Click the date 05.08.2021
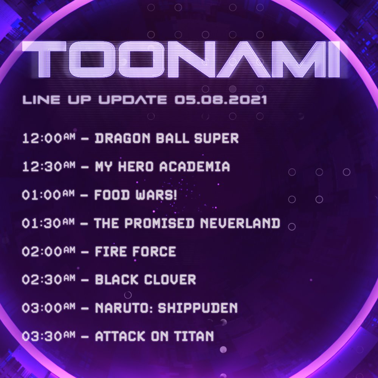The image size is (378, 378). (221, 99)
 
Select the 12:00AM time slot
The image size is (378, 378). (48, 138)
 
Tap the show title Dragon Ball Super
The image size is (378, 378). (167, 138)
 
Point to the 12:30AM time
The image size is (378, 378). (48, 166)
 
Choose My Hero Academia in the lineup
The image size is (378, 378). (162, 166)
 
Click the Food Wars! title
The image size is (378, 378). (135, 195)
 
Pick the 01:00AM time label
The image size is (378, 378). (48, 195)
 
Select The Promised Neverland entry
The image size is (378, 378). (187, 223)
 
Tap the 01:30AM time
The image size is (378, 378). (48, 223)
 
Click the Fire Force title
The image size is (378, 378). (135, 251)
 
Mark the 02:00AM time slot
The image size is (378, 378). (48, 251)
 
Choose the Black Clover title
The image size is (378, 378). (146, 280)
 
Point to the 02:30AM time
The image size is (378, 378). (48, 280)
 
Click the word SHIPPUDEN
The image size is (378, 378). (198, 308)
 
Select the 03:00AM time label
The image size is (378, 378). (48, 308)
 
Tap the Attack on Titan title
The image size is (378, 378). (154, 336)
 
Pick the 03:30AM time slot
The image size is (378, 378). (48, 336)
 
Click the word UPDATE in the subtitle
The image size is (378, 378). (133, 99)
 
